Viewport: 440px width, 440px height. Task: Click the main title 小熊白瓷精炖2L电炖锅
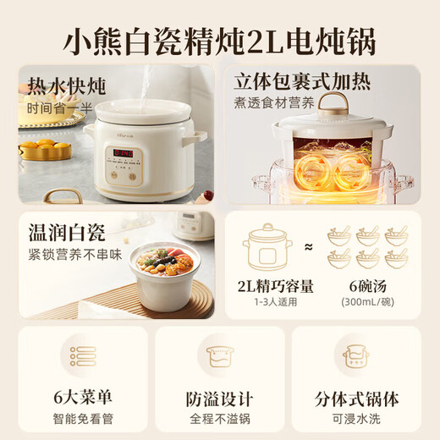coord(220,41)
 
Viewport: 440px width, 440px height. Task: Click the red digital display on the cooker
coord(124,153)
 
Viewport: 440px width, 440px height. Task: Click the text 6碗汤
coord(366,285)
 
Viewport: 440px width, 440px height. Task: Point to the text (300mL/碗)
coord(366,301)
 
